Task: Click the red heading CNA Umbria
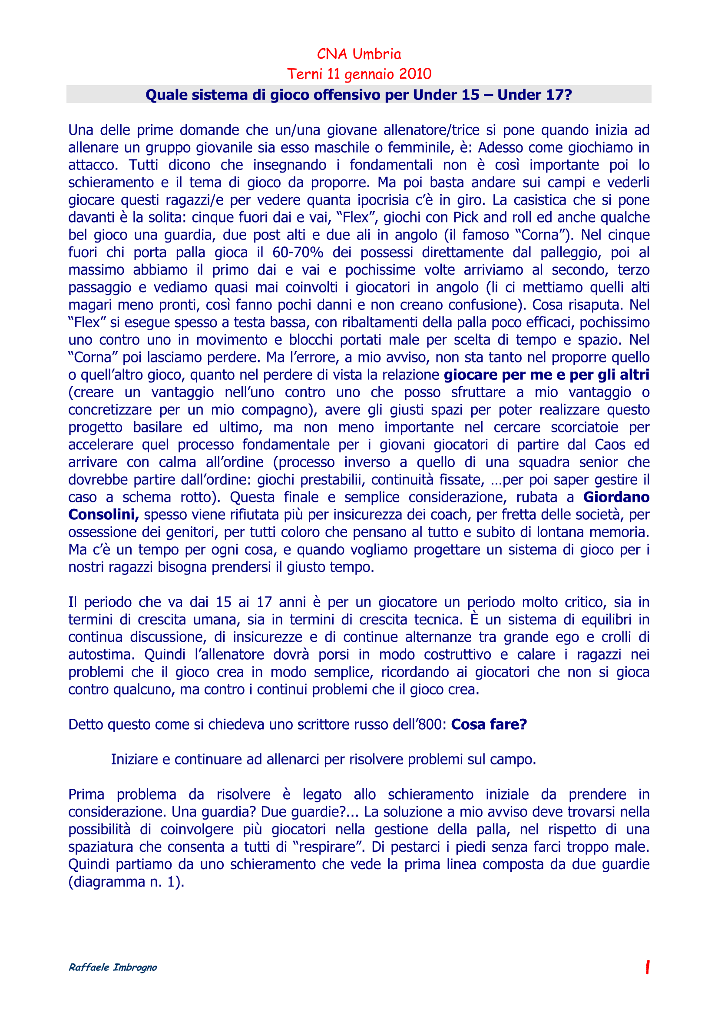359,54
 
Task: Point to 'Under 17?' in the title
534,95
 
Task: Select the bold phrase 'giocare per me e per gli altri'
546,375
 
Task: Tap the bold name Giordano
616,497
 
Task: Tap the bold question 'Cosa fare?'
489,724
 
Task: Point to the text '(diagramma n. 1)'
126,881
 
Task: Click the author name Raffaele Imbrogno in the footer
113,967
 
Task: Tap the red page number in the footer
647,967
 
